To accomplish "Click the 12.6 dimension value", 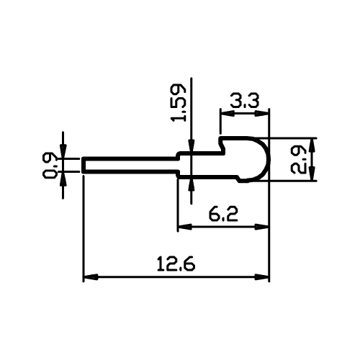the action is (x=176, y=264).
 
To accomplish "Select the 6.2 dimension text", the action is (x=223, y=215).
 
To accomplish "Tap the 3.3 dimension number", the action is (x=245, y=101).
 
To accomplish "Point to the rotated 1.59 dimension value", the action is (x=178, y=102).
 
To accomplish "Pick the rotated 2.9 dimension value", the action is (x=298, y=160).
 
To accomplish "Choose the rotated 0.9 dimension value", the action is (x=50, y=166).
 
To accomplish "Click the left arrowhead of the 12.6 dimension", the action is (x=91, y=276).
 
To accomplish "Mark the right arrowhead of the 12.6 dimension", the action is (x=261, y=276).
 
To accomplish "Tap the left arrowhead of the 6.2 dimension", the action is (x=185, y=227).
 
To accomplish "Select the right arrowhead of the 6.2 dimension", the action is (x=261, y=227).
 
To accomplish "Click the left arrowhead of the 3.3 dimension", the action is (x=228, y=113).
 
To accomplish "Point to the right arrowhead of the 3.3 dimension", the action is (x=261, y=113).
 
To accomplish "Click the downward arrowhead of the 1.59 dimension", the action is (x=191, y=145).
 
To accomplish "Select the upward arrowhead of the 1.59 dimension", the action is (x=191, y=186).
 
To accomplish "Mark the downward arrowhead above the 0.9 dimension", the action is (x=63, y=151).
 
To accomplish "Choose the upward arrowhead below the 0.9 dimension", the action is (x=63, y=179).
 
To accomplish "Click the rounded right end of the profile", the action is (x=269, y=159).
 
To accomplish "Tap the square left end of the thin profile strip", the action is (x=83, y=165).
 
